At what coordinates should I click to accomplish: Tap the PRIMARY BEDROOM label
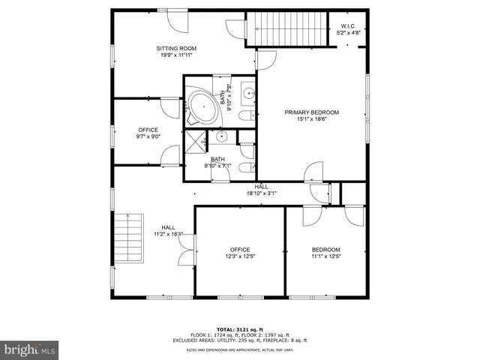click(x=311, y=112)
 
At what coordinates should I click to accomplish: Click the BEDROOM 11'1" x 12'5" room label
click(x=325, y=250)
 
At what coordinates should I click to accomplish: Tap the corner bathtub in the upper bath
click(x=201, y=106)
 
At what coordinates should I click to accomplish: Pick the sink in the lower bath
click(x=222, y=136)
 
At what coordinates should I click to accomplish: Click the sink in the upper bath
click(x=249, y=94)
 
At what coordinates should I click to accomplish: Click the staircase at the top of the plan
click(x=288, y=29)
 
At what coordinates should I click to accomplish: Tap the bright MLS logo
click(x=30, y=349)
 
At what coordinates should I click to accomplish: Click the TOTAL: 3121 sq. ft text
click(x=240, y=329)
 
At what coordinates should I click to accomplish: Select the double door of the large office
click(x=184, y=255)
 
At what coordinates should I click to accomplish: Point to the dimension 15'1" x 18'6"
click(x=311, y=120)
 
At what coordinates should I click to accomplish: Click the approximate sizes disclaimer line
click(x=240, y=349)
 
